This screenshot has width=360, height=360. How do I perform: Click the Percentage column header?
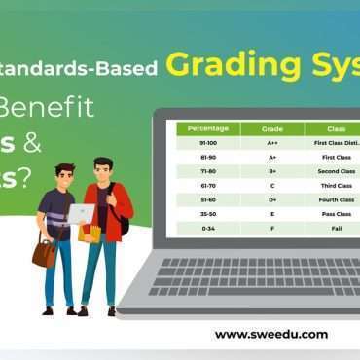[207, 128]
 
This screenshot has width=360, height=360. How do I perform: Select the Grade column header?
[271, 128]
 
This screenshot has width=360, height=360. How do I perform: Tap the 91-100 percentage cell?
[207, 143]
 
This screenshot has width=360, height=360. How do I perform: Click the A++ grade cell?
[271, 143]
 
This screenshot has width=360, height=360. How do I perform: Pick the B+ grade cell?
[271, 170]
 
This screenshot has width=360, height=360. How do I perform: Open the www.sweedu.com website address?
[270, 334]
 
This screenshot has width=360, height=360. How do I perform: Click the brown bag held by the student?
[44, 253]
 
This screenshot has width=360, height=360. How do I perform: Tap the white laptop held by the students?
[80, 214]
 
